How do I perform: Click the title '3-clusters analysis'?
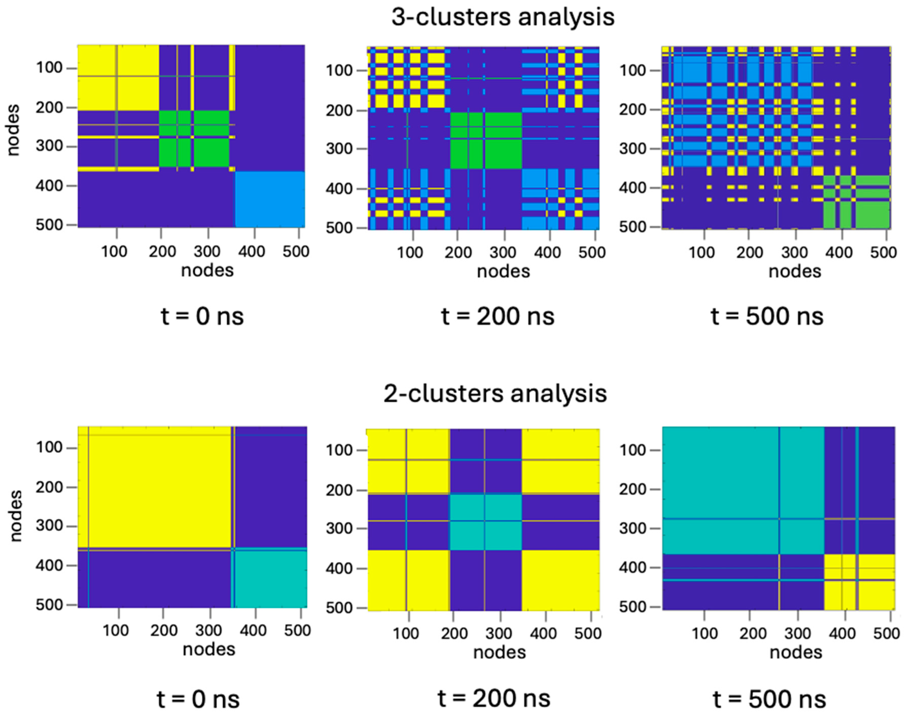coord(503,17)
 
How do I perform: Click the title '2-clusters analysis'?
coord(495,394)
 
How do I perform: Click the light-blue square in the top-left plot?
coord(270,199)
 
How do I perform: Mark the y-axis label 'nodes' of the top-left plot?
coord(13,130)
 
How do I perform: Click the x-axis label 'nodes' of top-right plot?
coord(795,271)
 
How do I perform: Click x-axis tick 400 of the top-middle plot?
coord(548,253)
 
